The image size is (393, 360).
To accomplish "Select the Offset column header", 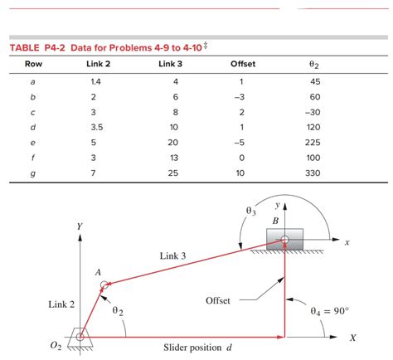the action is click(x=243, y=64).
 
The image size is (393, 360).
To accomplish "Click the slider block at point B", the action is click(x=284, y=240).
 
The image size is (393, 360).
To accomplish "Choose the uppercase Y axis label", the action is click(x=80, y=226).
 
